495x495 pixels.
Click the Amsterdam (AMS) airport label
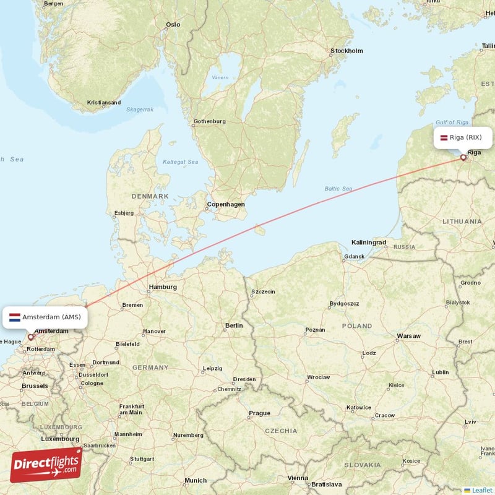(51, 317)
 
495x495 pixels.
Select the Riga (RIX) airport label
(465, 137)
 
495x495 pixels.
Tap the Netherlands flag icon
(15, 317)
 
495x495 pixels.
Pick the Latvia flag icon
(444, 137)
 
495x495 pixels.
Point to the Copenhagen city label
(226, 204)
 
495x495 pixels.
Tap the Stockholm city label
(346, 51)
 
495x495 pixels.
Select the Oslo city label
(173, 25)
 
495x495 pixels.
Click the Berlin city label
(234, 325)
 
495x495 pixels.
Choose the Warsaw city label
(408, 336)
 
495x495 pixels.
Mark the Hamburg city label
(163, 287)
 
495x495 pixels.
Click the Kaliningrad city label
(369, 242)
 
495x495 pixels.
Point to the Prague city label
(259, 413)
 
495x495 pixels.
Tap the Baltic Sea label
(338, 189)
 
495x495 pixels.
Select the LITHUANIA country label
(462, 221)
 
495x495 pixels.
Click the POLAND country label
(357, 325)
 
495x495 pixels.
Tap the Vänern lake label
(220, 78)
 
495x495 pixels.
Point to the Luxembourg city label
(59, 439)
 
